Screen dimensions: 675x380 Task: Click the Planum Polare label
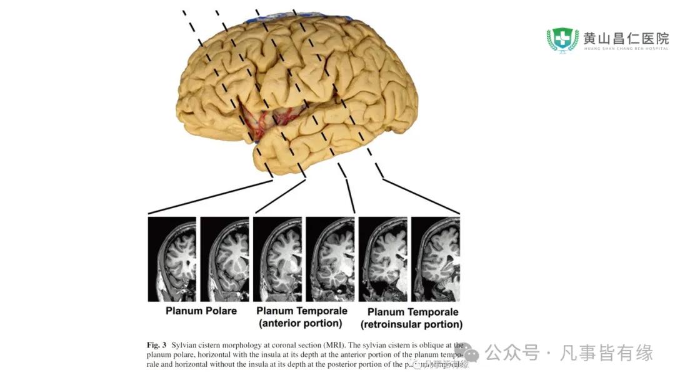click(x=201, y=311)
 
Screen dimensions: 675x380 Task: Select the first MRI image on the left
click(x=172, y=259)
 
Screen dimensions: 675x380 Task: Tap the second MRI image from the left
click(x=224, y=259)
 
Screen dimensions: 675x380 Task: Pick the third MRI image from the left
click(x=277, y=259)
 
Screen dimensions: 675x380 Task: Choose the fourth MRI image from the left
click(x=330, y=259)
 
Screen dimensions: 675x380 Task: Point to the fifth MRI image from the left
click(x=382, y=259)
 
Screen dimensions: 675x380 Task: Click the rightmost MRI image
click(x=435, y=259)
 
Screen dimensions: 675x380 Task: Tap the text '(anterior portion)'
click(x=301, y=324)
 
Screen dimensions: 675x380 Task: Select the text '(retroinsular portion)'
click(x=412, y=325)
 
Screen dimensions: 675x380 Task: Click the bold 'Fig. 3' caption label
click(x=156, y=345)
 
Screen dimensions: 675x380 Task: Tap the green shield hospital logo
click(x=562, y=39)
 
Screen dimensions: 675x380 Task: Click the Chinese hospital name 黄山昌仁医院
click(x=626, y=37)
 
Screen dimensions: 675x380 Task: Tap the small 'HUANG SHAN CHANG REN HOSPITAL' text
click(x=626, y=49)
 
